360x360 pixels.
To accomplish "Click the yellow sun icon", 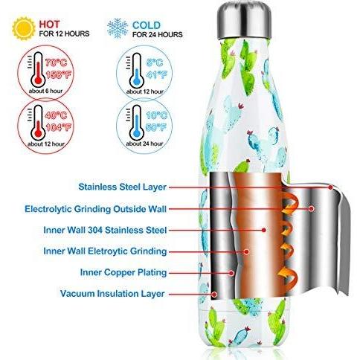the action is point(24,28).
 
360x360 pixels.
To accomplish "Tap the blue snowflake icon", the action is point(118,28).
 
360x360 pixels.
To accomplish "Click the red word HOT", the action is point(49,25).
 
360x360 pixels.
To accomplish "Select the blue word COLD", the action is point(147,25).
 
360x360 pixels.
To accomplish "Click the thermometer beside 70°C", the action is point(37,69).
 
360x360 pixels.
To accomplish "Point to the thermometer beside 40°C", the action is point(37,123).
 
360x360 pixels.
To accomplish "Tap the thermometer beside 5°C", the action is point(135,71).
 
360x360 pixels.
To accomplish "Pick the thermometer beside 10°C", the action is point(135,123).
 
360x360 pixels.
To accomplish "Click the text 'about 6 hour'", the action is point(45,91).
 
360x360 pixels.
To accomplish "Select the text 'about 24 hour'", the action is point(144,144).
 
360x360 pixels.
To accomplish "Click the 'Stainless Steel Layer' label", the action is point(122,187).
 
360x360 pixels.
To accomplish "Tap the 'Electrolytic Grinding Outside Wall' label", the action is point(95,209).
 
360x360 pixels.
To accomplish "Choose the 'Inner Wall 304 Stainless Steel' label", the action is point(105,230).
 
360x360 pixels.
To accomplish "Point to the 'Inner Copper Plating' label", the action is point(123,272).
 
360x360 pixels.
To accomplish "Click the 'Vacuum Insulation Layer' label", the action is point(112,294).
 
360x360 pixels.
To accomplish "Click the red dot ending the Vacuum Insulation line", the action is point(215,295).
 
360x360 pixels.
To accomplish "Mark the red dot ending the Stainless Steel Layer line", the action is point(330,187).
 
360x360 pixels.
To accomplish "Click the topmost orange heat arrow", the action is point(291,202).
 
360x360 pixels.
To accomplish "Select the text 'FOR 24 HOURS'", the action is point(158,34).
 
